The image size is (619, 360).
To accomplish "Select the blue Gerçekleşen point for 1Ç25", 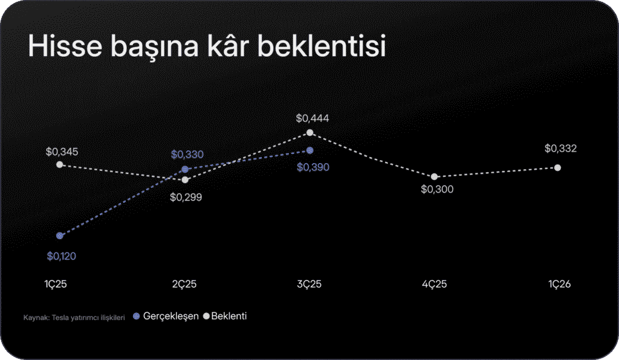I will coord(59,236).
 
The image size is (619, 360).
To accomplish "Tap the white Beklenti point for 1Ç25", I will coord(59,164).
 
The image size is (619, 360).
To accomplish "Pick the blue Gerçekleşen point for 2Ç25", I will coord(185,169).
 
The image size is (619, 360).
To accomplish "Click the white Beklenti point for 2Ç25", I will coord(186,179).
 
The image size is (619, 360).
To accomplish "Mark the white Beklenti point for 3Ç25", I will coord(309,132).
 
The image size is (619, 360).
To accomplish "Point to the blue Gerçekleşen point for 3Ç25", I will coord(310,150).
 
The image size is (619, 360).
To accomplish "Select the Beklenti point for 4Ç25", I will coord(434,176).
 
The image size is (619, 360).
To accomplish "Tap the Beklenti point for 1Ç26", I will coord(557,167).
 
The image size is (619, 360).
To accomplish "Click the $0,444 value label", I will coord(313,118).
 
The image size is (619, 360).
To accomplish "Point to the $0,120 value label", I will coord(61,256).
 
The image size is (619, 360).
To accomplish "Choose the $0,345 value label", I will coord(62,151).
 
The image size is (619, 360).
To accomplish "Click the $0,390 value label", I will coord(313,167).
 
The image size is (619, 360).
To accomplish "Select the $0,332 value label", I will coord(560,148).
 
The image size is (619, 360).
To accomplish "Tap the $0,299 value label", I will coord(186,197).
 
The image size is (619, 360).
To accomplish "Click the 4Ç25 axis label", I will coord(434,284).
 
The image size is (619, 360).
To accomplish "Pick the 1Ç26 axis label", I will coord(559,284).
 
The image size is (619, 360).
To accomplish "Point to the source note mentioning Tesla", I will coord(74,317).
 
